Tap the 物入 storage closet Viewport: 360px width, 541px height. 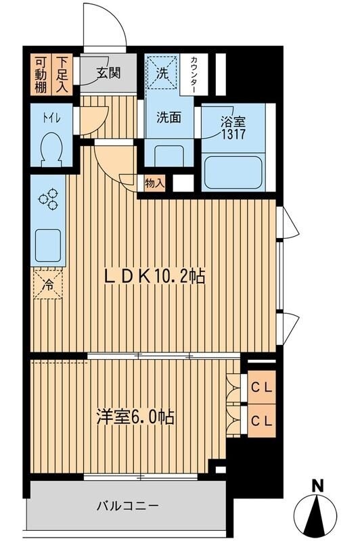[x=154, y=182]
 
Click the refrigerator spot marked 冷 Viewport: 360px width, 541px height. [x=49, y=283]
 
